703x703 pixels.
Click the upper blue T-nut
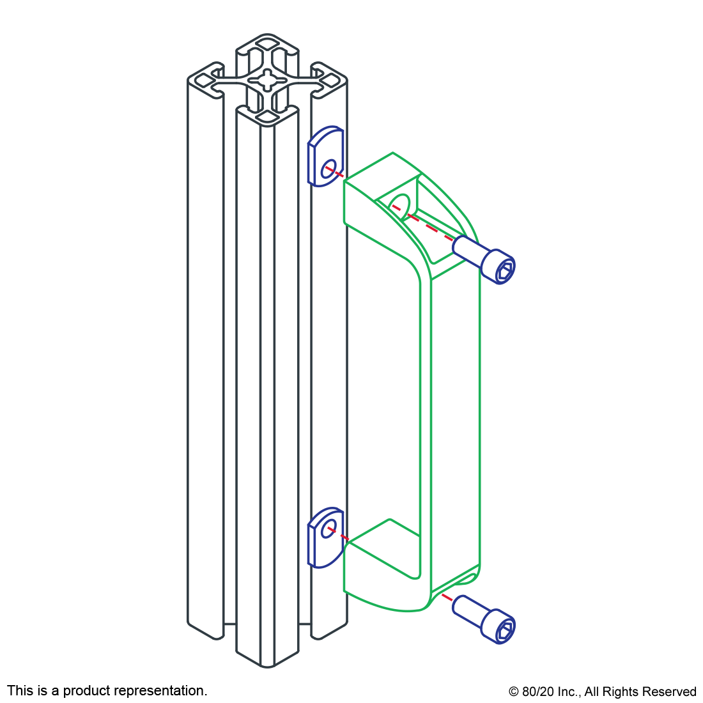tap(325, 157)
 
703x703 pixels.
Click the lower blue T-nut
tap(325, 537)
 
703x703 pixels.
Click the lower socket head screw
tap(484, 619)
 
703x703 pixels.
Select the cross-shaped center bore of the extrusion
tap(268, 81)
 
